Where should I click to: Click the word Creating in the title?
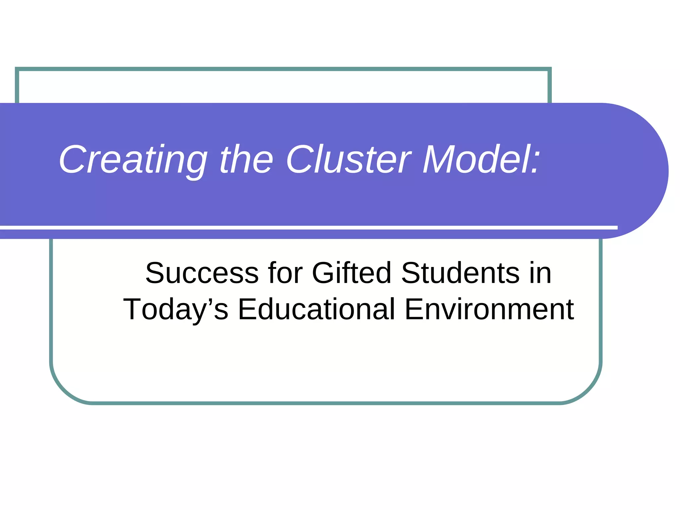tap(133, 160)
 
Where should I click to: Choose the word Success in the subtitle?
tap(202, 273)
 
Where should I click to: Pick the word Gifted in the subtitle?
tap(352, 273)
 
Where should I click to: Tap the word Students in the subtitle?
tap(460, 273)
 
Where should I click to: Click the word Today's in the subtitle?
tap(176, 309)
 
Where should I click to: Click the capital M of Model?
tap(438, 160)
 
